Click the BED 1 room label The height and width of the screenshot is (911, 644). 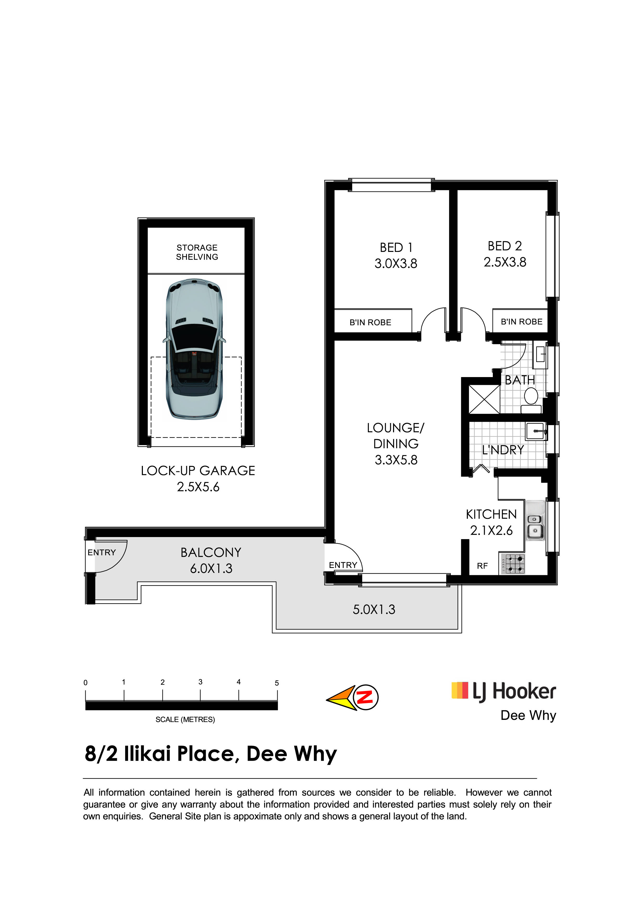point(396,247)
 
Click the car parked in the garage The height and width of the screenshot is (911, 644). point(194,350)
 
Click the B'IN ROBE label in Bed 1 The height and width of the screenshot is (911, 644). point(370,323)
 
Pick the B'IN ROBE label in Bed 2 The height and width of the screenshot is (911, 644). point(521,322)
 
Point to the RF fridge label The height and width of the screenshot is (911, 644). point(482,566)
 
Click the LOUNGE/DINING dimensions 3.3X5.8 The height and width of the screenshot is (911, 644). point(396,460)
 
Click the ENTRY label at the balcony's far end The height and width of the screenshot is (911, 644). point(102,552)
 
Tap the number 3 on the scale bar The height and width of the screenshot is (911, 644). point(200,682)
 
